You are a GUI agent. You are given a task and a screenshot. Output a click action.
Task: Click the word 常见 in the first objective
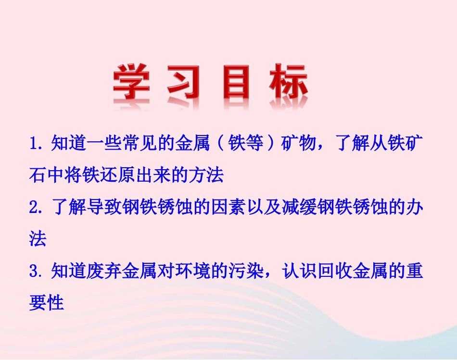point(140,144)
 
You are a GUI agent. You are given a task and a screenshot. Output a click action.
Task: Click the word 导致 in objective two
point(104,208)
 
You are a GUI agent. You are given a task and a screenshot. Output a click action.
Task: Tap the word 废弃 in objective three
point(104,272)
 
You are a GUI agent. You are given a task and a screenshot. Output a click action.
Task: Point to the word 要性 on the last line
point(47,303)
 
